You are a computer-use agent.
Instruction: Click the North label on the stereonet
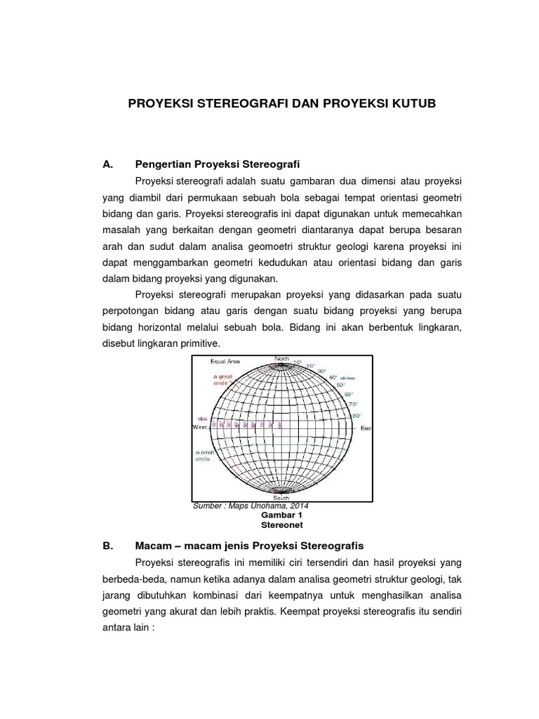pyautogui.click(x=281, y=359)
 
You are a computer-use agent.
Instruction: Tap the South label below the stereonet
pyautogui.click(x=281, y=497)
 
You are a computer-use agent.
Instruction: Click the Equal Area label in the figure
pyautogui.click(x=225, y=362)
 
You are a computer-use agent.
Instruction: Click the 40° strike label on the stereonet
pyautogui.click(x=333, y=377)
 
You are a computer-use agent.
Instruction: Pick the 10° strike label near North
pyautogui.click(x=297, y=362)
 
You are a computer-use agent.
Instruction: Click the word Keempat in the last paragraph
pyautogui.click(x=301, y=611)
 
